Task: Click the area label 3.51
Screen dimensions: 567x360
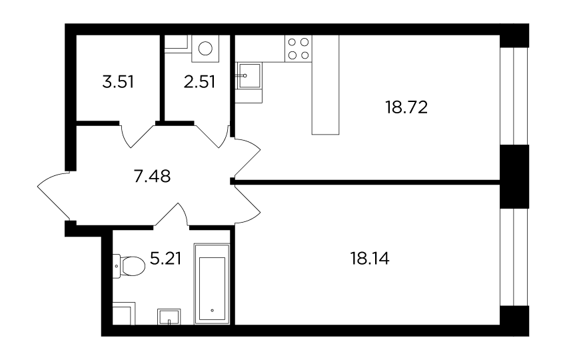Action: (118, 82)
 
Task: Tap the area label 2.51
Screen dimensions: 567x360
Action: (199, 82)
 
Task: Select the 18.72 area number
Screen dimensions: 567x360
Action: (406, 107)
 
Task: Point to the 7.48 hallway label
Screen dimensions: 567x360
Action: (152, 177)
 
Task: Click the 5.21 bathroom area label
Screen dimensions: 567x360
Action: (166, 259)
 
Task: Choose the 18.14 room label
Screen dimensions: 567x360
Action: (370, 259)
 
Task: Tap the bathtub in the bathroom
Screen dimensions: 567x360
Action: (212, 284)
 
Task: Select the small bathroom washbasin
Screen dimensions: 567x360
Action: (169, 317)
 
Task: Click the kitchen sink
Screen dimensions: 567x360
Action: (248, 75)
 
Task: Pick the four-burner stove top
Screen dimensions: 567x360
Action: (298, 49)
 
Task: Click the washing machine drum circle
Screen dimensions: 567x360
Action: (205, 49)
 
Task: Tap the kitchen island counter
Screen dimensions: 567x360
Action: (325, 85)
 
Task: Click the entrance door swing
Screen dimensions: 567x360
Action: (54, 196)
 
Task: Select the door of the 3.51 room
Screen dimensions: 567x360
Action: (137, 136)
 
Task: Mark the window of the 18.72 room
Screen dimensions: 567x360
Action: (514, 96)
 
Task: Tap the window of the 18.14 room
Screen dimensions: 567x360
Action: (514, 257)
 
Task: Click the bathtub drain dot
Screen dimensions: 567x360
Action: (212, 311)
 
